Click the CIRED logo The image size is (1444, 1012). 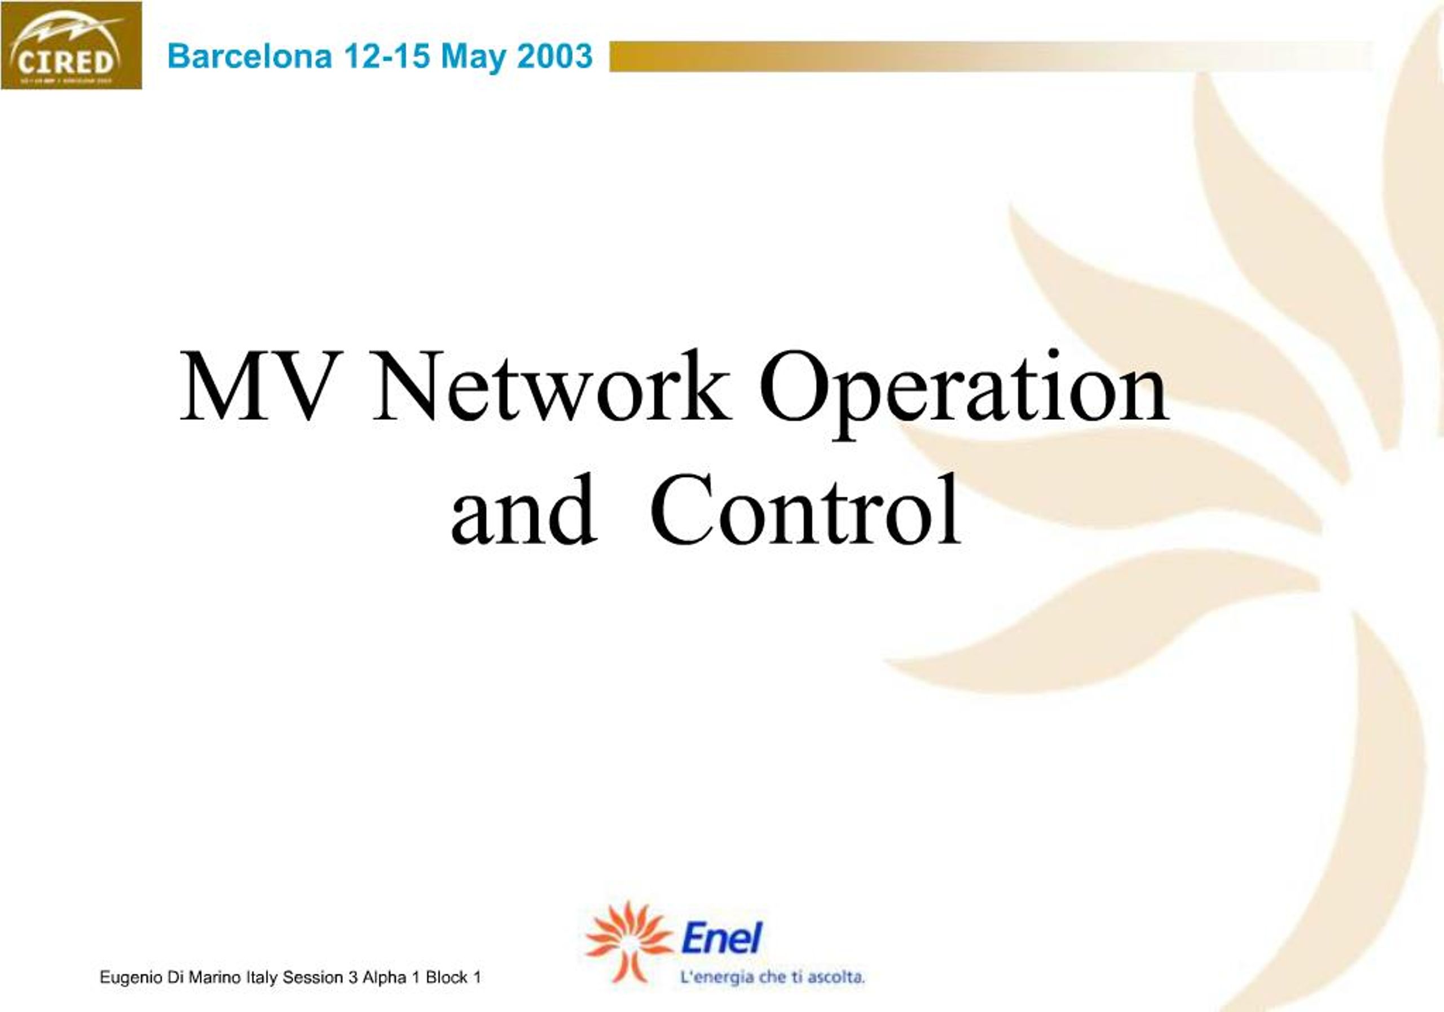pos(71,45)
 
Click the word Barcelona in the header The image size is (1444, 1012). pos(249,56)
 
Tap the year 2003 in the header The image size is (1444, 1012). pos(554,56)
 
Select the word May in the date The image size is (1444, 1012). pos(473,56)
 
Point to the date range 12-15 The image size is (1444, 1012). pos(387,56)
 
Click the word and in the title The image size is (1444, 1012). pos(523,510)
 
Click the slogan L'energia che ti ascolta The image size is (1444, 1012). pos(772,978)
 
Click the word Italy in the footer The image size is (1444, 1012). pos(262,978)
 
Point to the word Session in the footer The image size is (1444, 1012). pos(312,978)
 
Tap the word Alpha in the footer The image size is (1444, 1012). pos(384,978)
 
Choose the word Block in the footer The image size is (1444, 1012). pos(447,978)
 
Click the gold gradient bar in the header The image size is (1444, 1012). pos(943,56)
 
